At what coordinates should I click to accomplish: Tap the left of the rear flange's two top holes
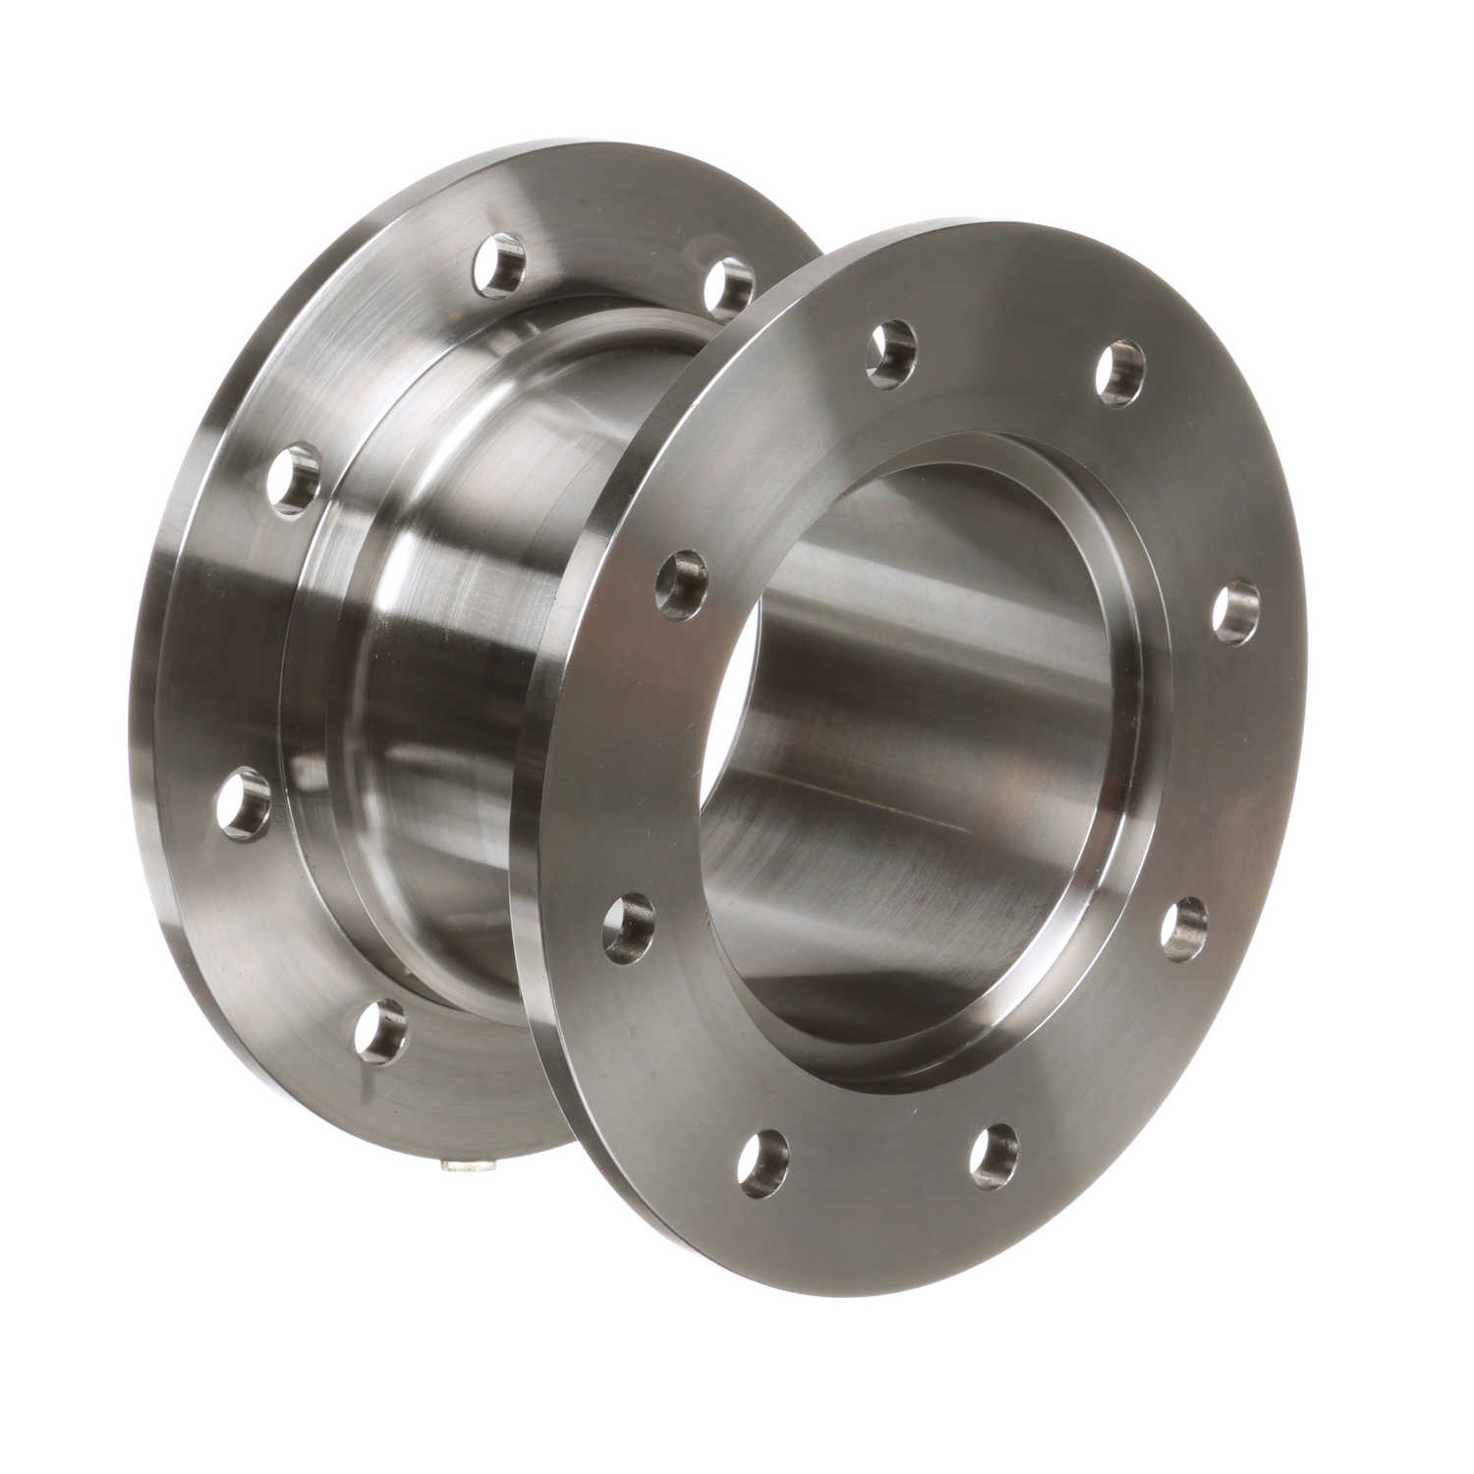coord(500,264)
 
